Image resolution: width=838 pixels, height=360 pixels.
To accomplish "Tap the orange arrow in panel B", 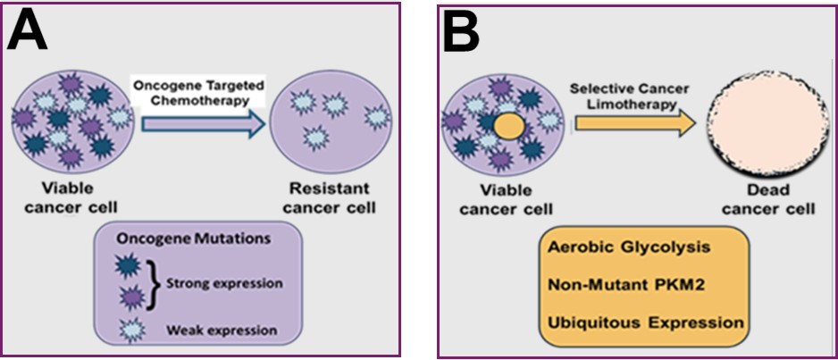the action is [x=635, y=125].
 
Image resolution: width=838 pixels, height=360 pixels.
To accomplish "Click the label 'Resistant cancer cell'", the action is [x=329, y=197].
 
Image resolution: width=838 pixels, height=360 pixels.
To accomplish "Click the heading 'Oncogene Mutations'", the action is [x=191, y=239].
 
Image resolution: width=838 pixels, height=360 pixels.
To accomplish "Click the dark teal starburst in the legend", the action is [x=129, y=269].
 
